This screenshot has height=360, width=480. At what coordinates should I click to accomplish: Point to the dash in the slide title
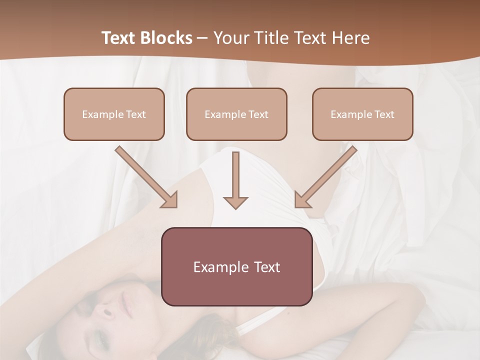(x=202, y=38)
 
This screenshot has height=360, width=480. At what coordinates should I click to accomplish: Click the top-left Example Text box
(x=114, y=114)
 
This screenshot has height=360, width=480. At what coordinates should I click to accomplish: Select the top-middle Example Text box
(x=236, y=114)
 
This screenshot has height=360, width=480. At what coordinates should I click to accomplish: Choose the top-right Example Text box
(x=362, y=114)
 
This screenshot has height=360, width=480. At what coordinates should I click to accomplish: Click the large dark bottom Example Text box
(x=236, y=266)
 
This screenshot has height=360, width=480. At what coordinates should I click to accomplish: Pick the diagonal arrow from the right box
(x=325, y=177)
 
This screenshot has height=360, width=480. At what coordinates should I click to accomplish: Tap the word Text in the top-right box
(x=384, y=114)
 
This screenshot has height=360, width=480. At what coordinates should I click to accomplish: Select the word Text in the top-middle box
(x=258, y=114)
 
